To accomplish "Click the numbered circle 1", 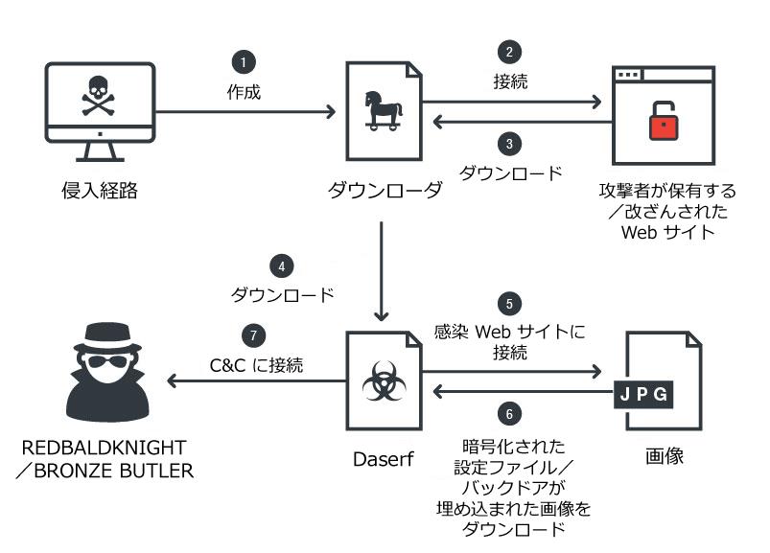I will [x=244, y=61].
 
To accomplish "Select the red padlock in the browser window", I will [x=663, y=124].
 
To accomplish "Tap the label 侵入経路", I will [x=99, y=191].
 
